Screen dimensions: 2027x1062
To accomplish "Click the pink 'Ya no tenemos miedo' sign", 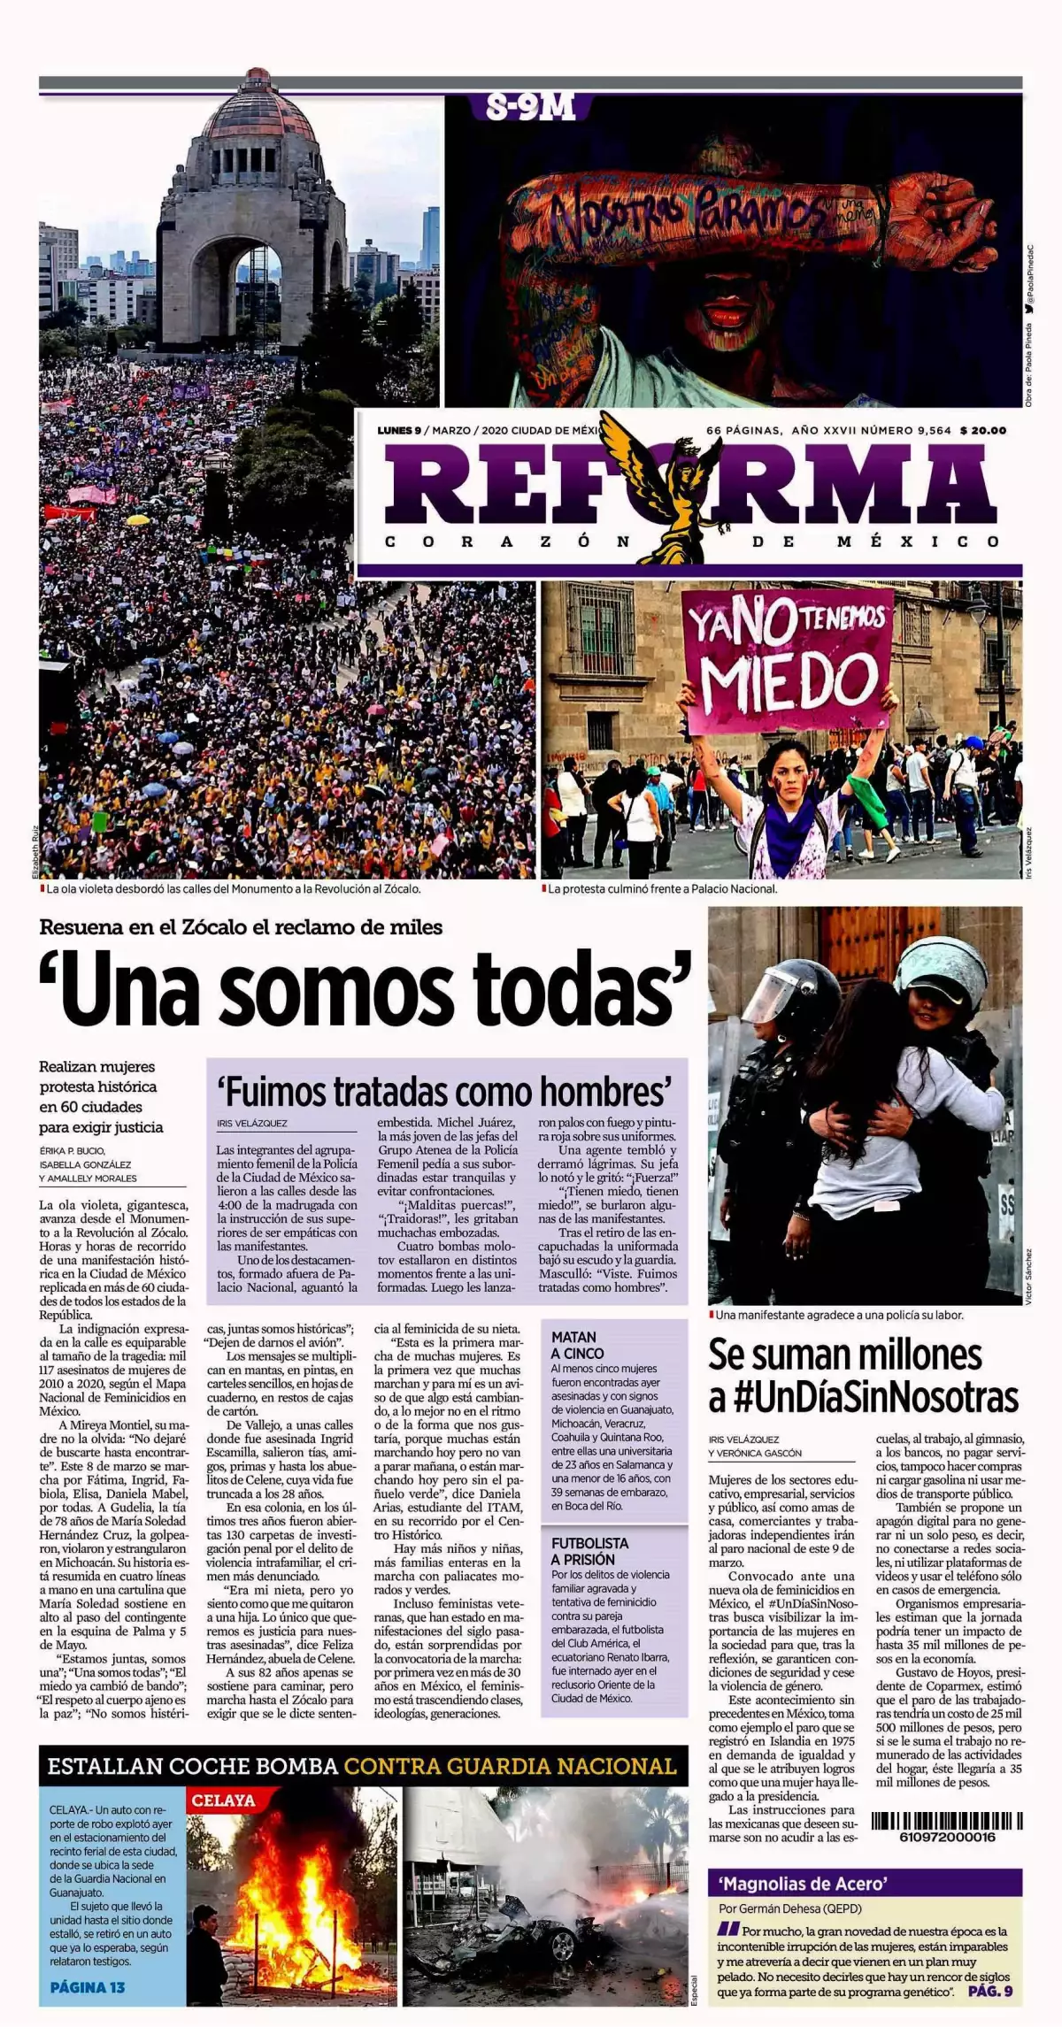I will tap(788, 660).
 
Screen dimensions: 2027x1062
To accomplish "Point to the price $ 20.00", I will tap(982, 431).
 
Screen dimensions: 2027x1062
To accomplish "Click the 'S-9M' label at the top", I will tap(531, 108).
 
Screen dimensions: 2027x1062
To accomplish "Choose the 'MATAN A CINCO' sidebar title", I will tap(578, 1345).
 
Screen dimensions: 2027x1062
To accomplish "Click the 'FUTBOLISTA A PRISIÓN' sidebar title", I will tap(589, 1551).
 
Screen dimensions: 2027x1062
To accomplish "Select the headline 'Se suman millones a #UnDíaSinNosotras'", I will tap(863, 1376).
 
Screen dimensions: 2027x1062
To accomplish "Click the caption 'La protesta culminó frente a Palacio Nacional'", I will tap(662, 889).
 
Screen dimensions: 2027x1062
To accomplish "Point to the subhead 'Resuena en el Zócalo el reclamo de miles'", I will tap(241, 927).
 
